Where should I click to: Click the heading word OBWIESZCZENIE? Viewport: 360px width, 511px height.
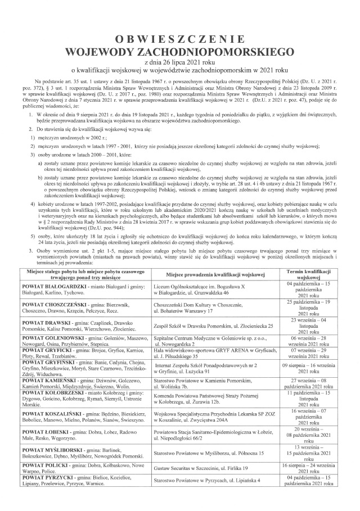(x=179, y=39)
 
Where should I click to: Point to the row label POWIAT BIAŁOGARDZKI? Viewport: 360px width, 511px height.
(x=51, y=286)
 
